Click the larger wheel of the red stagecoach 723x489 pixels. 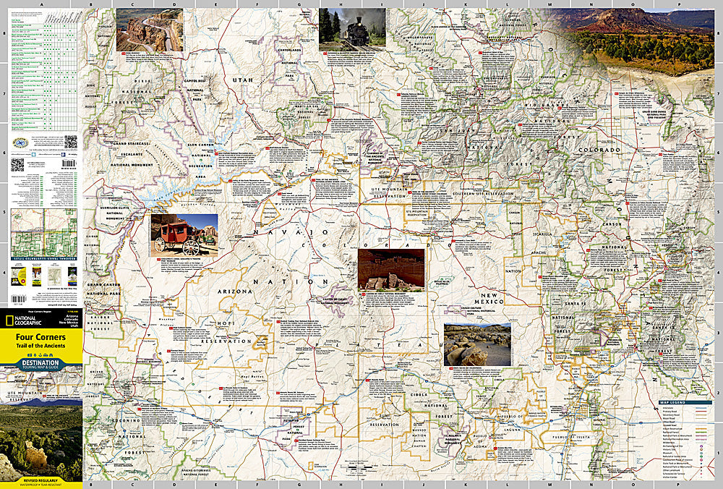(191, 247)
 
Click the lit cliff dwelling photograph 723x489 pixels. (390, 269)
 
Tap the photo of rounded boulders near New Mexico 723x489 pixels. (477, 344)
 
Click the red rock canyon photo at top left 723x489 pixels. (149, 30)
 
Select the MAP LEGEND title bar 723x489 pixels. (679, 402)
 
